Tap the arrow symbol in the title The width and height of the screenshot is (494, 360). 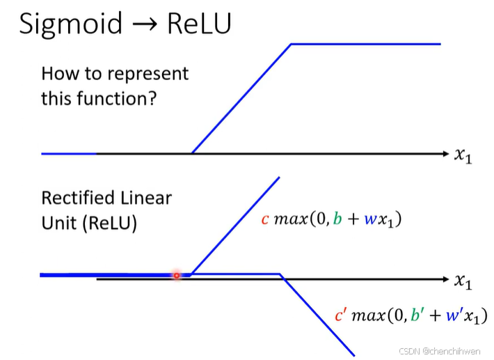pos(140,24)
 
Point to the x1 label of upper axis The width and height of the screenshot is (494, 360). pos(463,155)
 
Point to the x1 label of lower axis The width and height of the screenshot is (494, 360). pos(463,281)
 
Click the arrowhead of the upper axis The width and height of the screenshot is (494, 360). pos(446,153)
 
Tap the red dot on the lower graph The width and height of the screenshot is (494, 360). pos(177,276)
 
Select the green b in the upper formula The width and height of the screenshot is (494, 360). pos(337,220)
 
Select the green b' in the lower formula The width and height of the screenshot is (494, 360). pos(415,315)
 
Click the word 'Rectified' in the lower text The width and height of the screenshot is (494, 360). pos(75,198)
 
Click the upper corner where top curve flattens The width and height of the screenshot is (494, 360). pos(291,44)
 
